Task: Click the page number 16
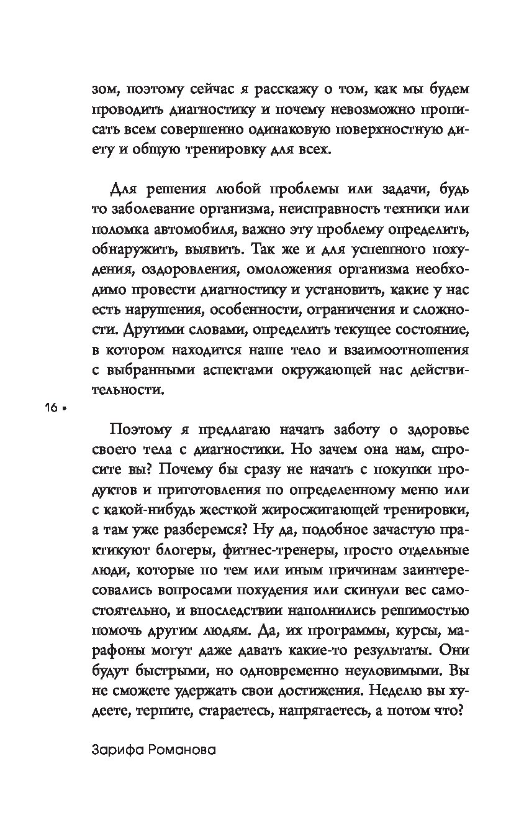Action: (x=50, y=408)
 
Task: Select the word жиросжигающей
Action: (x=337, y=511)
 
